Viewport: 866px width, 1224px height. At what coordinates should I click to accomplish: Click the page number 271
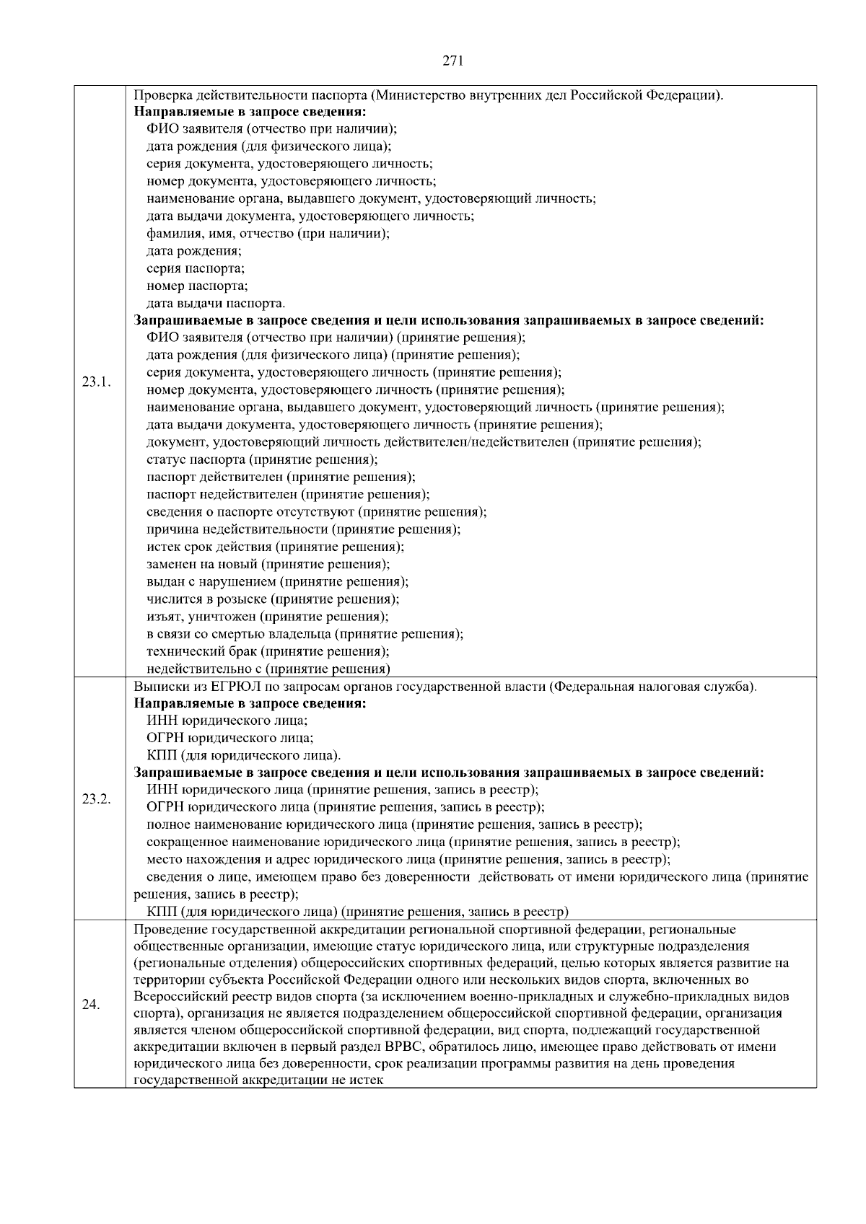point(452,61)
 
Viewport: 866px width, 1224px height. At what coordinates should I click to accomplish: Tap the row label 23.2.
point(96,798)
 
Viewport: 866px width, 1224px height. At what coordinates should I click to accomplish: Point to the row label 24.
point(90,1005)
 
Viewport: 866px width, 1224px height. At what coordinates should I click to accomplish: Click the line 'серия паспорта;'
point(196,268)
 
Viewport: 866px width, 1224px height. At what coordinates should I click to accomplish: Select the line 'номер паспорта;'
point(197,286)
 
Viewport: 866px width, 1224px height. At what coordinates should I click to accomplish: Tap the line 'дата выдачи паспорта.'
point(216,303)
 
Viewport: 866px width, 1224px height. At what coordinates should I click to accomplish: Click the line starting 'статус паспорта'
point(262,459)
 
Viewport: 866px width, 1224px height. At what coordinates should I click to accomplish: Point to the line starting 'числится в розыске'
point(273,599)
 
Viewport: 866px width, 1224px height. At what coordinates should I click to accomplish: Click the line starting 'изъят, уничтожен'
point(267,617)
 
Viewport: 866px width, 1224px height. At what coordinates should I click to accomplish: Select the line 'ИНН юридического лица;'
point(227,721)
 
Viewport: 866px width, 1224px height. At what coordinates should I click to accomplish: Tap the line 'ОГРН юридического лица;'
point(230,738)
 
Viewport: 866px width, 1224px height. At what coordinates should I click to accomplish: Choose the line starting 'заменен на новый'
point(268,564)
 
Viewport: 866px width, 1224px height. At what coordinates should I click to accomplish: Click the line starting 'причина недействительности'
point(303,529)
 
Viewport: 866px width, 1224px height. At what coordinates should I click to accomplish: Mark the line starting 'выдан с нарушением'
point(277,581)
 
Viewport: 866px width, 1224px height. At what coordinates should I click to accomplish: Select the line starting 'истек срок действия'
point(275,547)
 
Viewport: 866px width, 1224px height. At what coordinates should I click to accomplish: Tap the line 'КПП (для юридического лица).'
point(244,755)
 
